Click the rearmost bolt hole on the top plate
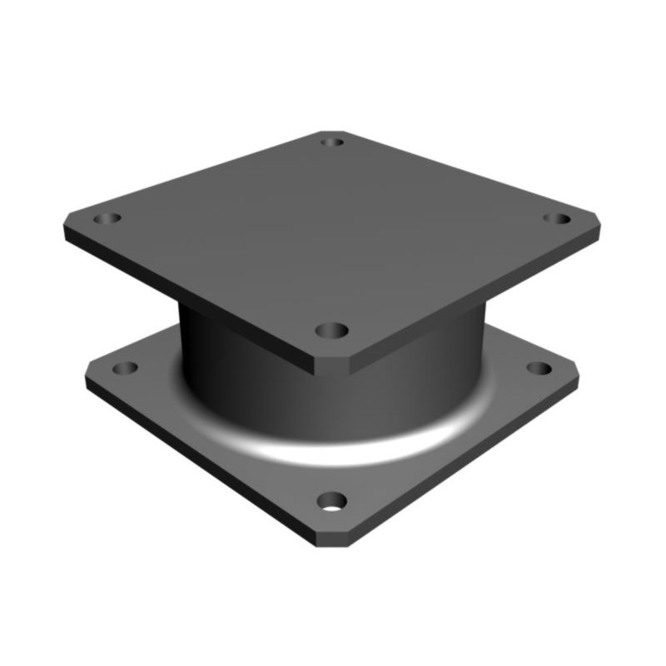point(332,142)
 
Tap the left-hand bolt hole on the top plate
point(107,219)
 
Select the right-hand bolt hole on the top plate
point(557,219)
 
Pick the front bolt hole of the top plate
point(332,331)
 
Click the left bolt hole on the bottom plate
point(125,367)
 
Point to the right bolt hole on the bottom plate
point(539,367)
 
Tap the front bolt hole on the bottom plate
point(332,501)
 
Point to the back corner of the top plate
point(332,132)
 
